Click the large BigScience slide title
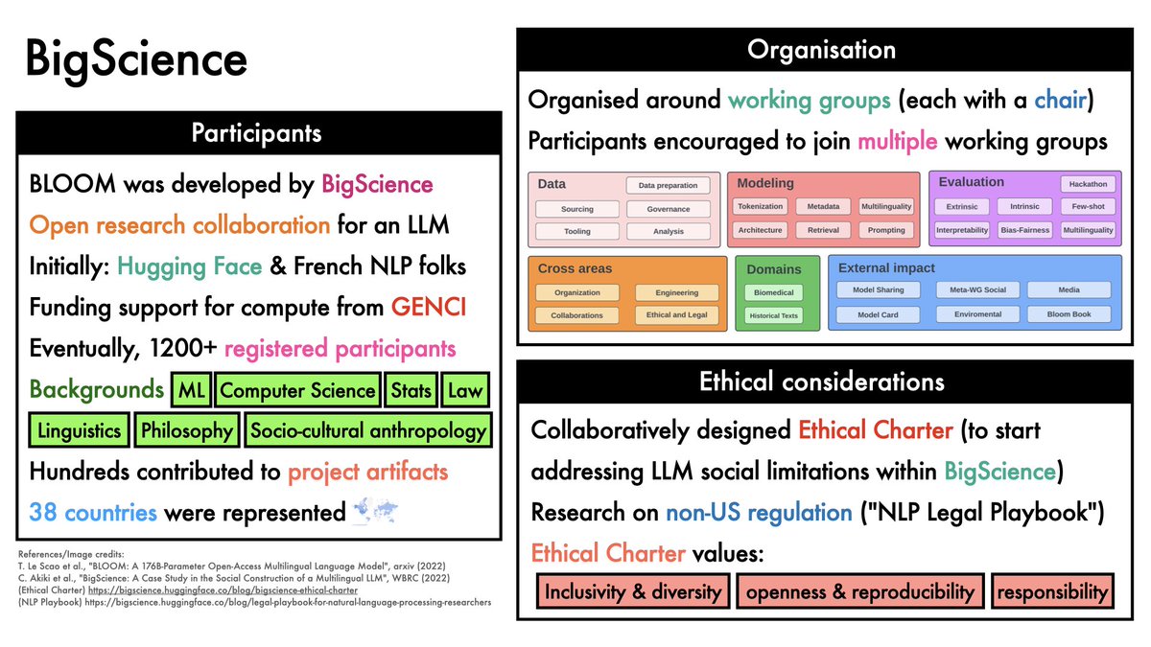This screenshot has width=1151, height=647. pos(136,60)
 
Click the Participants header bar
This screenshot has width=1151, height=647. pos(258,131)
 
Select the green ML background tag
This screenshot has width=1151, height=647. pos(191,390)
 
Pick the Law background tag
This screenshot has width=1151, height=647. pos(464,390)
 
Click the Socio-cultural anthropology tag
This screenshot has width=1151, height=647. pos(368,430)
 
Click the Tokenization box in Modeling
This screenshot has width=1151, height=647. pos(761,206)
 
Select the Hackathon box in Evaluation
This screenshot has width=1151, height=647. pos(1088,184)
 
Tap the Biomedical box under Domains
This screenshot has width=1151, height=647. pos(774,292)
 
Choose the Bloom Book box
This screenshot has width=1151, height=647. pos(1069,313)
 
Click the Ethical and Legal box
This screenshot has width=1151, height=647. pos(676,314)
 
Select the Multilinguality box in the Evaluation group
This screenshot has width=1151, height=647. pos(1088,230)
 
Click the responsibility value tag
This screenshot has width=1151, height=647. pos(1052,591)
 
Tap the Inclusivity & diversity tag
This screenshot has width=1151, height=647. pos(632,591)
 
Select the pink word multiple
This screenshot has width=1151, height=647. pos(898,142)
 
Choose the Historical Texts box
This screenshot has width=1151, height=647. pos(774,315)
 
